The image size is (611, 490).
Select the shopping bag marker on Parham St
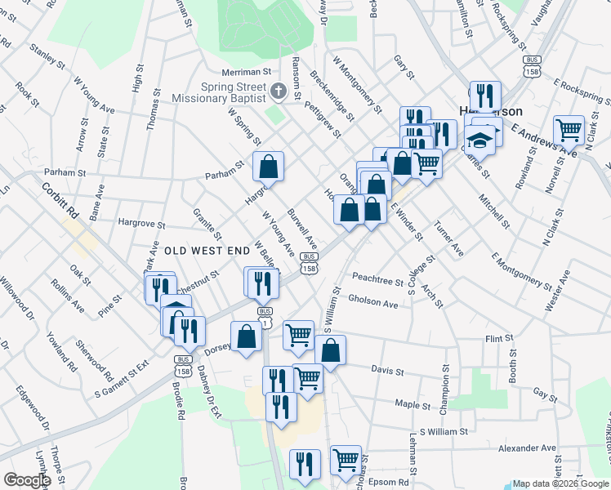pos(268,167)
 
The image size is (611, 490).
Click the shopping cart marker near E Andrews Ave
pos(569,130)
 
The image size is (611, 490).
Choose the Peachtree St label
pos(377,283)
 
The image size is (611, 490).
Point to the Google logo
pos(26,480)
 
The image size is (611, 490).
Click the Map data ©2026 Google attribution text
pos(560,483)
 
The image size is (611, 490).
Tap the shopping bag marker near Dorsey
pos(246,336)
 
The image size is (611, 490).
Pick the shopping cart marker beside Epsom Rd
pos(346,460)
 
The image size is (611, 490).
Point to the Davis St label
pos(388,370)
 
